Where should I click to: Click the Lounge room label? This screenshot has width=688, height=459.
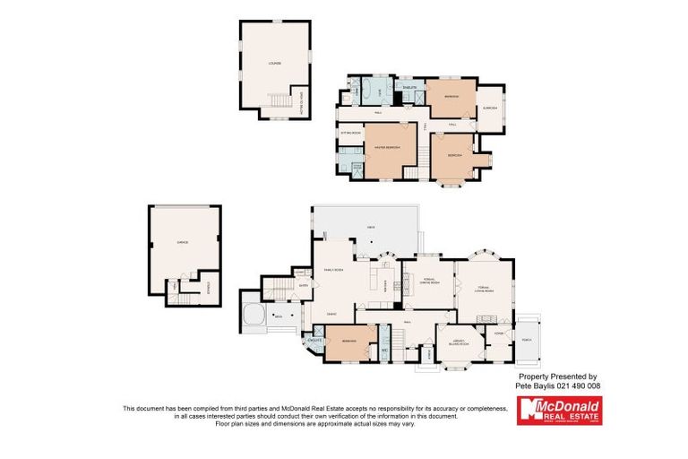point(274,63)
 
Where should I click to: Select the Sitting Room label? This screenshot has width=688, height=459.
point(350,133)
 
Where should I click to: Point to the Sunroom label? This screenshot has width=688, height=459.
point(489,108)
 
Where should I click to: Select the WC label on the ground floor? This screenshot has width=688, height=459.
point(383,350)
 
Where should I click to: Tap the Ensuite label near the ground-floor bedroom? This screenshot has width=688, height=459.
point(314,342)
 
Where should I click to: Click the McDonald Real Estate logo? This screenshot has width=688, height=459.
point(559,411)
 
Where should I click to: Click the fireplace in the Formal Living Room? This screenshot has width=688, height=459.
point(488,318)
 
